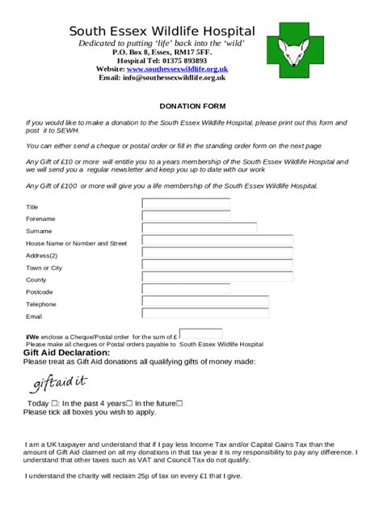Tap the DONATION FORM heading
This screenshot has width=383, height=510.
192,106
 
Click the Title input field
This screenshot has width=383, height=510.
186,204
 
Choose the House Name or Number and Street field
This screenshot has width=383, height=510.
217,240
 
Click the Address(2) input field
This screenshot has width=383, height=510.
217,253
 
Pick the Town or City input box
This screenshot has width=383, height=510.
217,265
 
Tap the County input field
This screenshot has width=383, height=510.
217,277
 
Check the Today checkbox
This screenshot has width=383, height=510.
54,403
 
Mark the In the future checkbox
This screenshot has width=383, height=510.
179,403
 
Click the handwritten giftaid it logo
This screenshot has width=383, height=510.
60,381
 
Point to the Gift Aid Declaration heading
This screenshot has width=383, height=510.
66,353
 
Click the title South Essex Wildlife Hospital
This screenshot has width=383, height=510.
162,31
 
